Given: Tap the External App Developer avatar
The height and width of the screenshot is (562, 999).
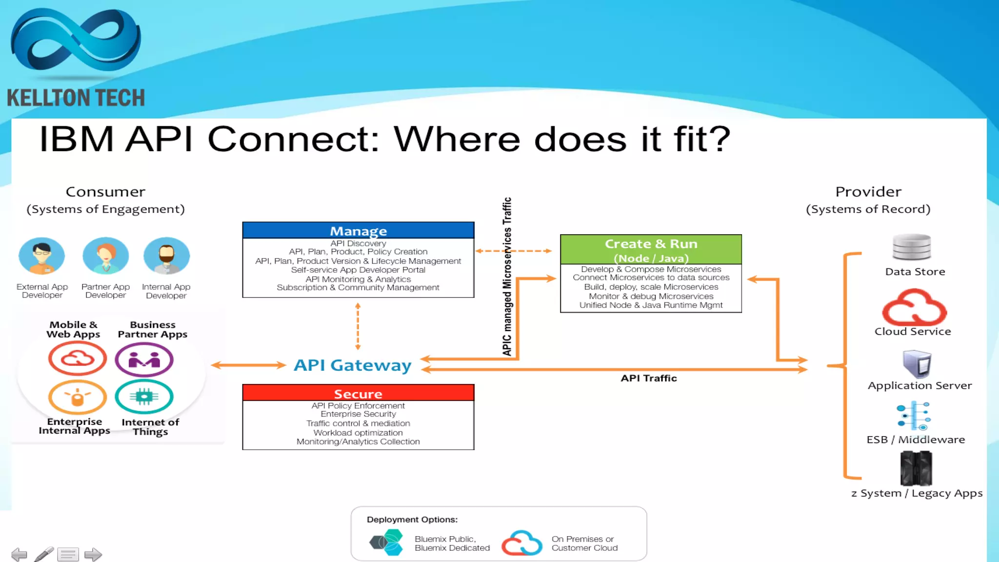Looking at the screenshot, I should pos(41,256).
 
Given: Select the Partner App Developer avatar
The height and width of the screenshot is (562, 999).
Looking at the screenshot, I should pos(105,256).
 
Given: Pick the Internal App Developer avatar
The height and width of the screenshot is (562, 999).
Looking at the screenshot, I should pos(166,256).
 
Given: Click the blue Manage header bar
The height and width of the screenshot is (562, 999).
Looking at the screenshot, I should pos(358,230).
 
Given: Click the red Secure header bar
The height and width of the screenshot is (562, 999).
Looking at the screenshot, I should pos(358,393).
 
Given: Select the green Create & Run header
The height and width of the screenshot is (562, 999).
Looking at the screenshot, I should pos(651,249).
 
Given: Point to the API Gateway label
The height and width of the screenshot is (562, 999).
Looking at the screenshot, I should pos(352,365).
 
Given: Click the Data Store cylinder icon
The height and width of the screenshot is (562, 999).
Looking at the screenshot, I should pos(911,247).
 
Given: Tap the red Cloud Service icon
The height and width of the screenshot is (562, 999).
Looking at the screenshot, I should pos(914,307).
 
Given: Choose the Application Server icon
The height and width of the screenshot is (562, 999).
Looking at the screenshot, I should pos(917,364).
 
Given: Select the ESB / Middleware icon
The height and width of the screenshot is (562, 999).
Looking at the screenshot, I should pos(914,416).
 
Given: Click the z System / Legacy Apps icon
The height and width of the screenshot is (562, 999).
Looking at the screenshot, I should pos(916,468).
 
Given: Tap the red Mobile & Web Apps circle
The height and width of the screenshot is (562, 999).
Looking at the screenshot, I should pos(78,359).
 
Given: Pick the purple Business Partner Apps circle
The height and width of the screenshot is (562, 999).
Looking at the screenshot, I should pos(144,360).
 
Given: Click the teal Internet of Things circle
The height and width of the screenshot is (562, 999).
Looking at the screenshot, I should pos(144,396).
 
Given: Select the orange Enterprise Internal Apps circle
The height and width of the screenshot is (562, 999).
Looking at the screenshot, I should pos(78,397).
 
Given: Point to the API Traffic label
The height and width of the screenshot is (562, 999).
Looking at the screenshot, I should pos(648,378).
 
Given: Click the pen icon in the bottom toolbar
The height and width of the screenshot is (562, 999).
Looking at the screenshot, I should pos(44,554).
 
